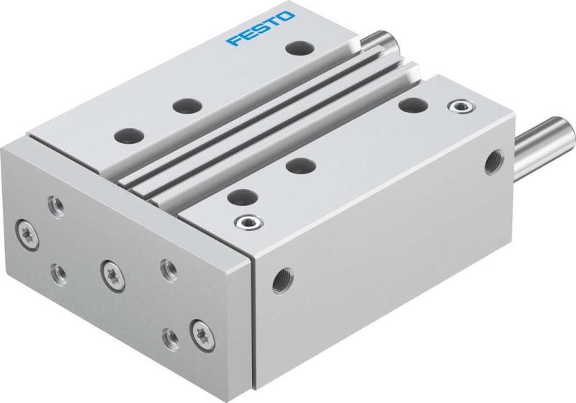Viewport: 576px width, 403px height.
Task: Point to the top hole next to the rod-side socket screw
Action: [412, 106]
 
